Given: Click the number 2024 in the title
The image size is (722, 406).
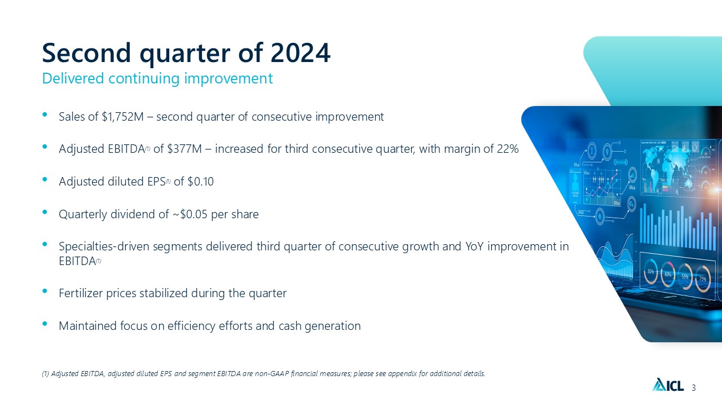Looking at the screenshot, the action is click(x=301, y=52).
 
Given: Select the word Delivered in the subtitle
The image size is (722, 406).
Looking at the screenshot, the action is click(x=73, y=78).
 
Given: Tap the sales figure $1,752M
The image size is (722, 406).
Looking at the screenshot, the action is click(x=122, y=117).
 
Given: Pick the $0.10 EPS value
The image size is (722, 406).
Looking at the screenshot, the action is click(x=200, y=182).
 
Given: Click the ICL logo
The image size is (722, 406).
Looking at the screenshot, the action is click(x=668, y=385).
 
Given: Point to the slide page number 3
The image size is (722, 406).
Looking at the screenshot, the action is click(x=694, y=387).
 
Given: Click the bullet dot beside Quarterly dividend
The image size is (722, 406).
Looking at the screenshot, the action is click(x=45, y=212).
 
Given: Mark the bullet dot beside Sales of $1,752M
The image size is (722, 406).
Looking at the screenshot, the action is click(x=45, y=114).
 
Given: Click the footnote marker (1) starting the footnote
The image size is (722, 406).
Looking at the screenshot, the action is click(x=46, y=374).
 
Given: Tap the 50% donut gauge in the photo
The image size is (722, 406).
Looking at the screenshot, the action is click(x=651, y=272).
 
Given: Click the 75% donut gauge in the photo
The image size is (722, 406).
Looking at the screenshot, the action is click(x=702, y=279).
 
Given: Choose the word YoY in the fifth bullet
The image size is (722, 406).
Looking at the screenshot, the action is click(x=474, y=246).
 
